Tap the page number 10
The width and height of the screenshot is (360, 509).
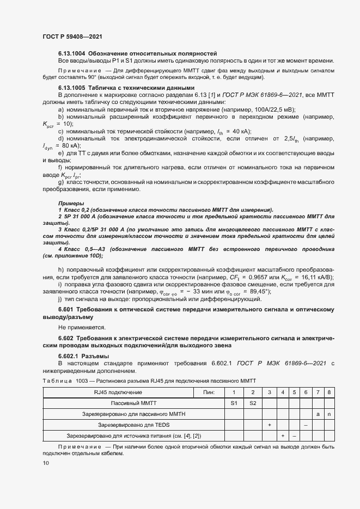point(45,463)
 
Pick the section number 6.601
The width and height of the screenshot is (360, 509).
point(68,309)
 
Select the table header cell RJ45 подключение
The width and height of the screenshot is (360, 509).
point(118,392)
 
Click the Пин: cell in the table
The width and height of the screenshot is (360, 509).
point(209,392)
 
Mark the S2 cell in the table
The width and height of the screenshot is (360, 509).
point(252,403)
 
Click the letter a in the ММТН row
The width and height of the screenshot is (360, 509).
point(318,414)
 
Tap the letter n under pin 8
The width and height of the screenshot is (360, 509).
point(328,414)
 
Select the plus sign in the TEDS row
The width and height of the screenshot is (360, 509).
point(270,425)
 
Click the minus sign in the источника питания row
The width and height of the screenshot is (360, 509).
point(294,436)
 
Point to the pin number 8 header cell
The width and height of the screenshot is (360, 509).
point(328,392)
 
